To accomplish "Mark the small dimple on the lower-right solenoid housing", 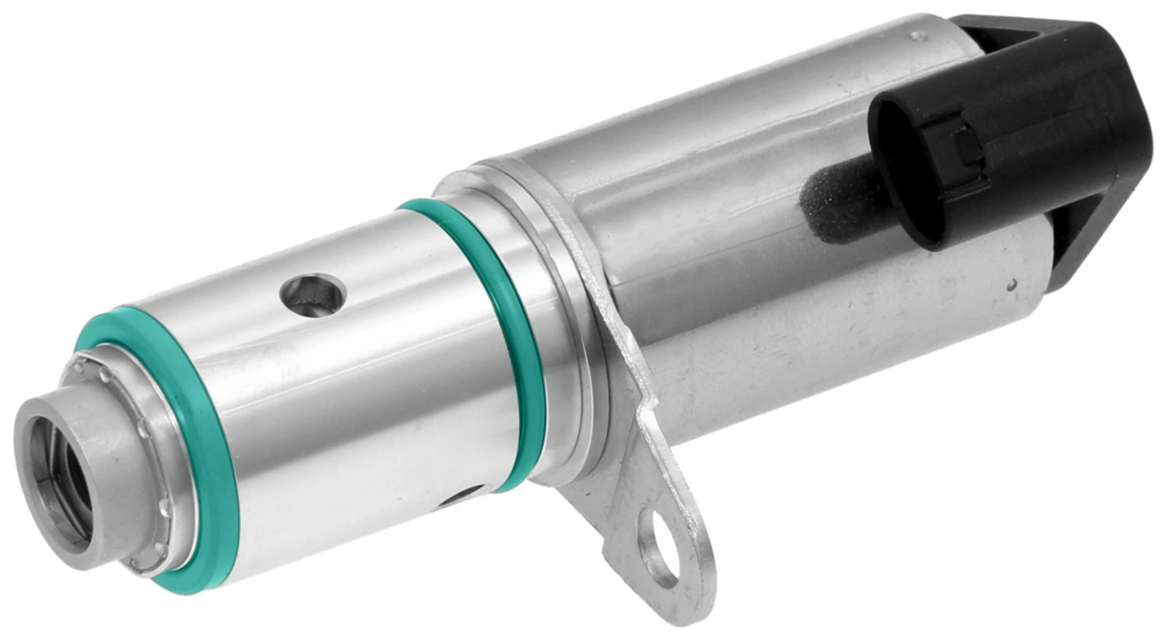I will point(1012,285).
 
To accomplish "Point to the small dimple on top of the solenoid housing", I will point(920,35).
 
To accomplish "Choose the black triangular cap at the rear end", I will point(1073,117).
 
